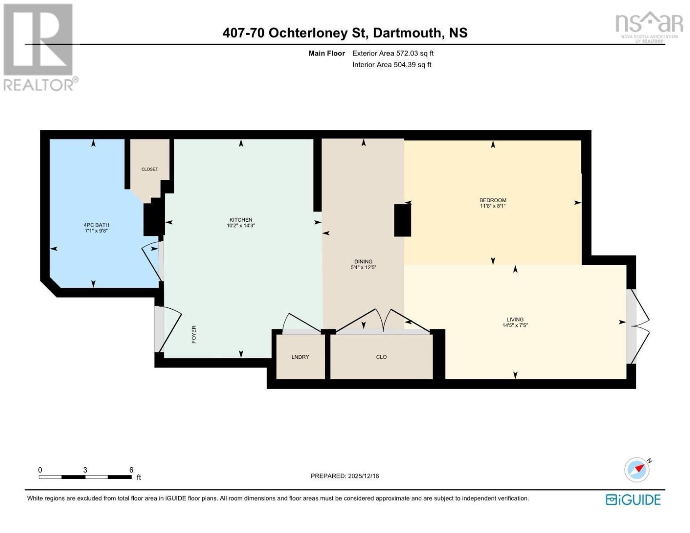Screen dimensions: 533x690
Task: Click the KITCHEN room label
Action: point(240,219)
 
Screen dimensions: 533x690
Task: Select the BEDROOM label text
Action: point(493,200)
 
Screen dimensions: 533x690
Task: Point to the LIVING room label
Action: point(515,319)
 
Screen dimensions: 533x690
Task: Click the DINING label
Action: point(363,261)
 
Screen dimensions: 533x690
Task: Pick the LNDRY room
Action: point(300,357)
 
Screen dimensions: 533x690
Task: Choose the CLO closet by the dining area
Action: point(381,357)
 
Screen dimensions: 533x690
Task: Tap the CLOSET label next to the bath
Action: point(150,169)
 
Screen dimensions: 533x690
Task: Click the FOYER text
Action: point(194,334)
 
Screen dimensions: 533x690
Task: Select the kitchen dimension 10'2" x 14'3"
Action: point(240,226)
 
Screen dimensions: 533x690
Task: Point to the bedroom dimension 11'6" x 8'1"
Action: point(493,206)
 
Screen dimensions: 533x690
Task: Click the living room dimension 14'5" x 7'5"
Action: point(515,325)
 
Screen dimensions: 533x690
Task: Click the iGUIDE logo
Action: point(633,500)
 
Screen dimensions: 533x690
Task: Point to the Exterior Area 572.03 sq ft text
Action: point(393,53)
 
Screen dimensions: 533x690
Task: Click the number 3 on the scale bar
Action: point(85,469)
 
